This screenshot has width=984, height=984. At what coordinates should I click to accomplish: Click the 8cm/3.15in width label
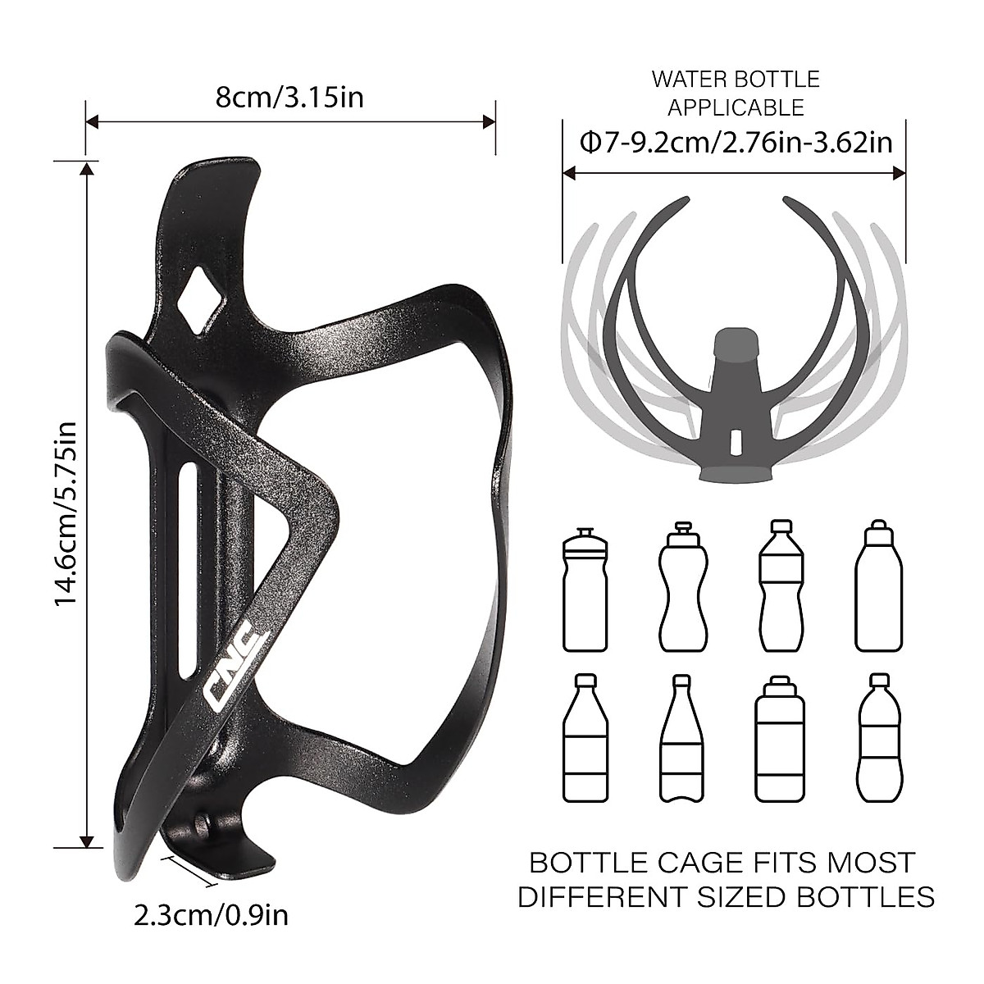point(289,98)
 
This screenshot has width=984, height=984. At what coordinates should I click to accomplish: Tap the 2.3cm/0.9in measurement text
point(211,914)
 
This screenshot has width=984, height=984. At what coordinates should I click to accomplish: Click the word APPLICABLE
point(736,107)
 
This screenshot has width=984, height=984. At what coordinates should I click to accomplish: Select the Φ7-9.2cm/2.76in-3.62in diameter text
point(736,143)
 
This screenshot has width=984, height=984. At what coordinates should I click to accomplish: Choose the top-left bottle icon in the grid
point(585,589)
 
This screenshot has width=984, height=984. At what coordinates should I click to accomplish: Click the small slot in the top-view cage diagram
point(735,440)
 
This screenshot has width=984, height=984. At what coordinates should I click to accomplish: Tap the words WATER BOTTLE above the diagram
point(736,80)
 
